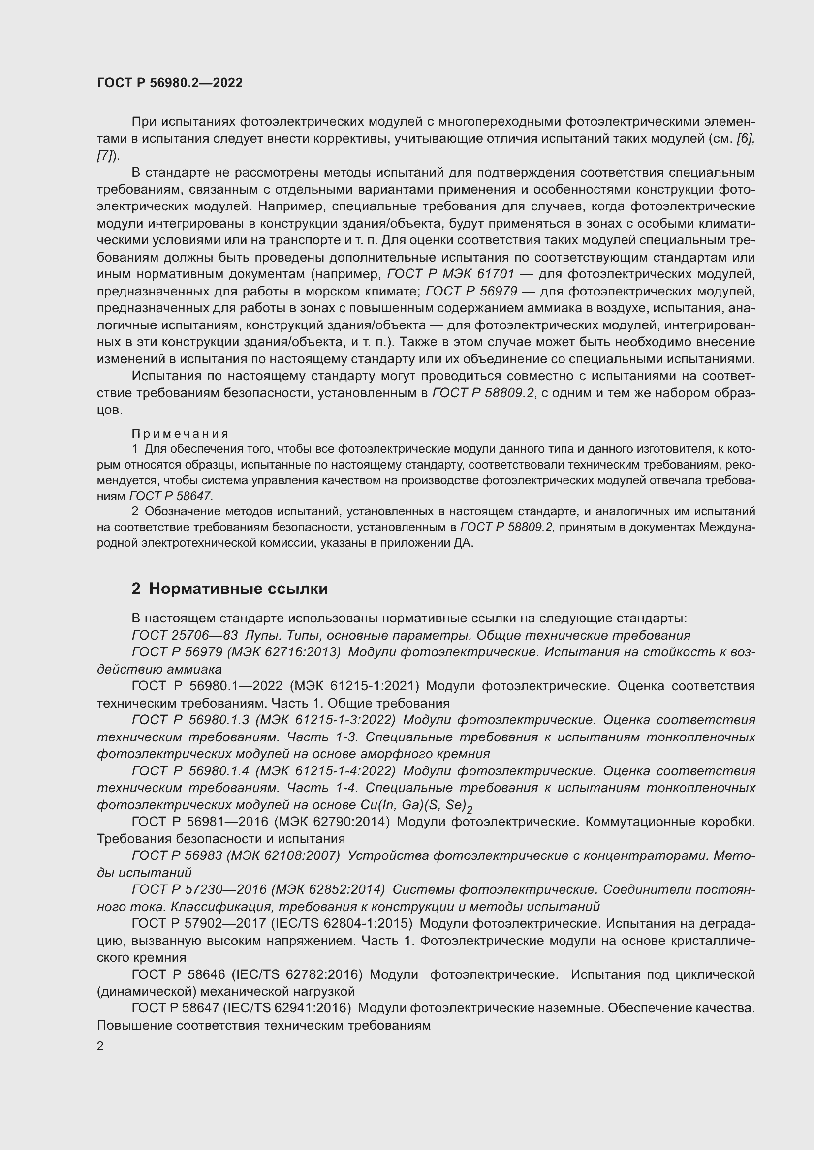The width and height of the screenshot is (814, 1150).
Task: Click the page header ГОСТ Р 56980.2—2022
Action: tap(169, 83)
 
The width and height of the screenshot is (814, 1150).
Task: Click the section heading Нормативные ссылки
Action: tap(238, 589)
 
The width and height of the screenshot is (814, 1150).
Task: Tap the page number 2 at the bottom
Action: tap(100, 1046)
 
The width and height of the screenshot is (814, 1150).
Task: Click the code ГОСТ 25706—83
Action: tap(185, 635)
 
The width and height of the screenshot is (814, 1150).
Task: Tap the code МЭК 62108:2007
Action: tap(283, 855)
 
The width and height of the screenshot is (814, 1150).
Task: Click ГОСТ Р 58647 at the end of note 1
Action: tap(171, 496)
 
